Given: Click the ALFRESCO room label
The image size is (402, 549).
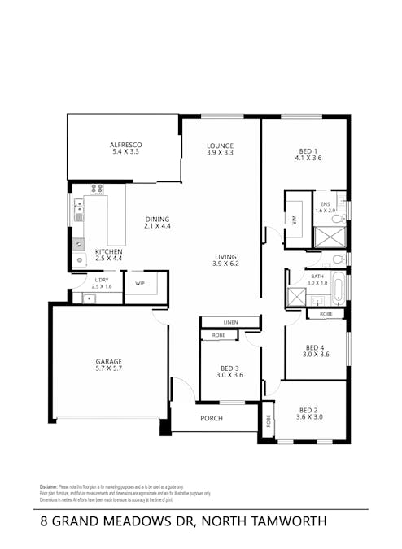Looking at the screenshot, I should (x=126, y=145).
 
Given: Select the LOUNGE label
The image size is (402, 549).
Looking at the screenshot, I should (x=220, y=145).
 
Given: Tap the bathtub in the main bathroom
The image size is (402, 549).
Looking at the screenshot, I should (x=339, y=287).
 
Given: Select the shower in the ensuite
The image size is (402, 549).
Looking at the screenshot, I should (x=330, y=237).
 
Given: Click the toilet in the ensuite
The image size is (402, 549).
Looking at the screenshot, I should (x=342, y=210).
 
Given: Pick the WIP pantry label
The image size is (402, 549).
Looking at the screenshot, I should (x=140, y=284).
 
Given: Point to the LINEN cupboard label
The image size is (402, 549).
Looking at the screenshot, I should (x=230, y=322).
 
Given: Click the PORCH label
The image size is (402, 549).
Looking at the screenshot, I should (x=211, y=418).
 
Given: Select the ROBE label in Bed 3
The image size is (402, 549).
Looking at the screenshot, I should (x=218, y=335).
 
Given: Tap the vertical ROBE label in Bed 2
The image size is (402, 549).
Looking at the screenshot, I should (x=268, y=422).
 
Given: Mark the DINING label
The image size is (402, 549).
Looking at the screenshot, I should (x=157, y=219).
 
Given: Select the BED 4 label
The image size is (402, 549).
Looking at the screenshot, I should (x=314, y=346).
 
